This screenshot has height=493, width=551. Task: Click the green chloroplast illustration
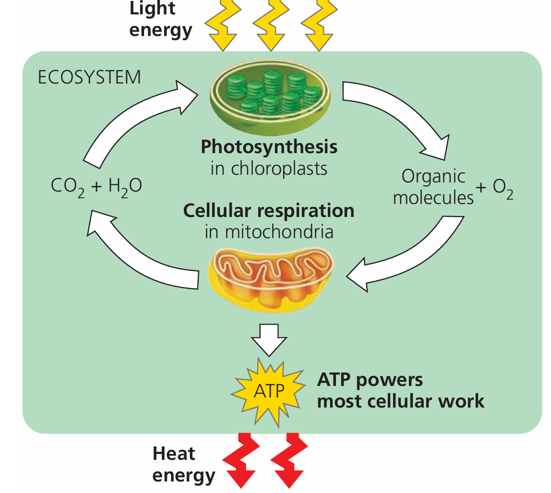click(270, 93)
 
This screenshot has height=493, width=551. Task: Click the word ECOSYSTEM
click(89, 77)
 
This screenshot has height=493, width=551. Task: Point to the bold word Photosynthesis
click(269, 146)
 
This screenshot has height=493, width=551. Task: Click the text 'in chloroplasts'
click(269, 168)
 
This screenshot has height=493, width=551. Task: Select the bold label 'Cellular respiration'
click(269, 210)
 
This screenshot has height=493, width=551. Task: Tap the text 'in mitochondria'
click(269, 232)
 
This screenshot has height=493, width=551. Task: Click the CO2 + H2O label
click(96, 186)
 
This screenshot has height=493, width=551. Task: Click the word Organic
click(433, 176)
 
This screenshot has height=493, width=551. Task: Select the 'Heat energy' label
click(183, 464)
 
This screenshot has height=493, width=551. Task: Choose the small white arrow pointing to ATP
click(269, 338)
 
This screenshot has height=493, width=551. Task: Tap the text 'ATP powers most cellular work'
click(400, 390)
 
